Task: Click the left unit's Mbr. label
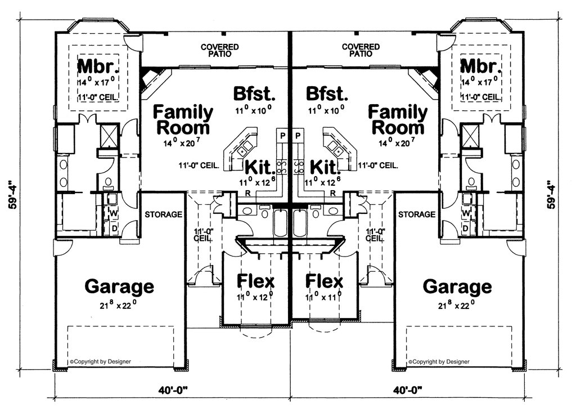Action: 99,66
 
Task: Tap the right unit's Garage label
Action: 457,286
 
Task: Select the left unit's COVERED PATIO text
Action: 220,50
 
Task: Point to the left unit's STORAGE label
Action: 164,214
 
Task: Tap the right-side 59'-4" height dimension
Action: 551,194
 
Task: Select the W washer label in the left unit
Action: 114,213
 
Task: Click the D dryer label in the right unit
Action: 465,228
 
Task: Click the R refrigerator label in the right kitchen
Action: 333,192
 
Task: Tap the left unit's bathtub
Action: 281,223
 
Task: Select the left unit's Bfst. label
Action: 254,93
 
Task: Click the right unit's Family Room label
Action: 398,119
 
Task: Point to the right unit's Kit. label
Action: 323,167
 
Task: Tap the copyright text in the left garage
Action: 100,361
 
